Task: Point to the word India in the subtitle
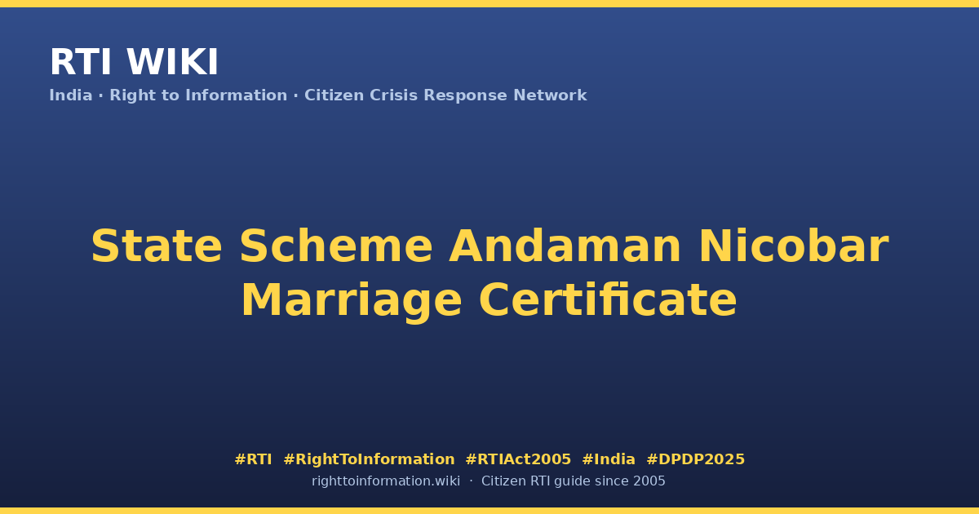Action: pyautogui.click(x=71, y=95)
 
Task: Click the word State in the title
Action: pyautogui.click(x=157, y=246)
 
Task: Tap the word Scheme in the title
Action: pyautogui.click(x=335, y=246)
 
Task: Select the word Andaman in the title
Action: pyautogui.click(x=565, y=246)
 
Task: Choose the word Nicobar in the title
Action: pyautogui.click(x=794, y=246)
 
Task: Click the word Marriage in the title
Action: pyautogui.click(x=352, y=302)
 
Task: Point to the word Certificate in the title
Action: pyautogui.click(x=608, y=300)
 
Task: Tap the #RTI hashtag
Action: pyautogui.click(x=253, y=459)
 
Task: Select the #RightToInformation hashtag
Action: pyautogui.click(x=369, y=460)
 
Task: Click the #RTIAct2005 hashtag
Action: pyautogui.click(x=518, y=459)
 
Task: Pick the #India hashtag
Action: pyautogui.click(x=609, y=459)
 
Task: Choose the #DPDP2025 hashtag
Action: pyautogui.click(x=695, y=459)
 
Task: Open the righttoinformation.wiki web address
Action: pyautogui.click(x=386, y=481)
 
